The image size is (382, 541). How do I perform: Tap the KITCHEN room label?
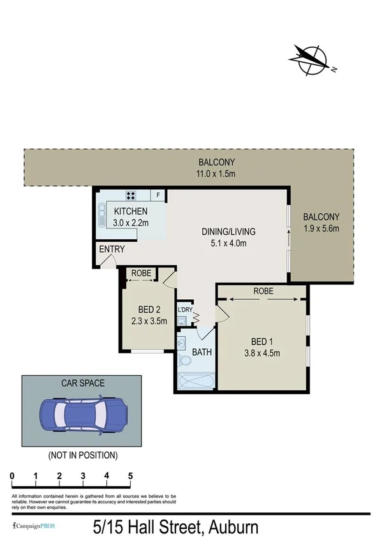click(131, 212)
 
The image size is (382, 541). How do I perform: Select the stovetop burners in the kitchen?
click(131, 195)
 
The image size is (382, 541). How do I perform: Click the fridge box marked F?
click(158, 195)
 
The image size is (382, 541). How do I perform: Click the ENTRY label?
click(112, 249)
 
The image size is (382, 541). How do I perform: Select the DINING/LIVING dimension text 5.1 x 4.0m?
click(224, 243)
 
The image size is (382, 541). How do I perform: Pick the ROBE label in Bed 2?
click(141, 274)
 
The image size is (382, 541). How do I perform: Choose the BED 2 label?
click(147, 310)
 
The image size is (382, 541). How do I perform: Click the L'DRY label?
click(185, 310)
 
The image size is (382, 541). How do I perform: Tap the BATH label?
click(202, 352)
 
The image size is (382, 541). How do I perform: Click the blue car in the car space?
click(81, 413)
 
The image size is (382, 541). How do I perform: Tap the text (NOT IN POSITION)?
click(83, 455)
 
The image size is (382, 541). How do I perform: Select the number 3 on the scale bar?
click(83, 476)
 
